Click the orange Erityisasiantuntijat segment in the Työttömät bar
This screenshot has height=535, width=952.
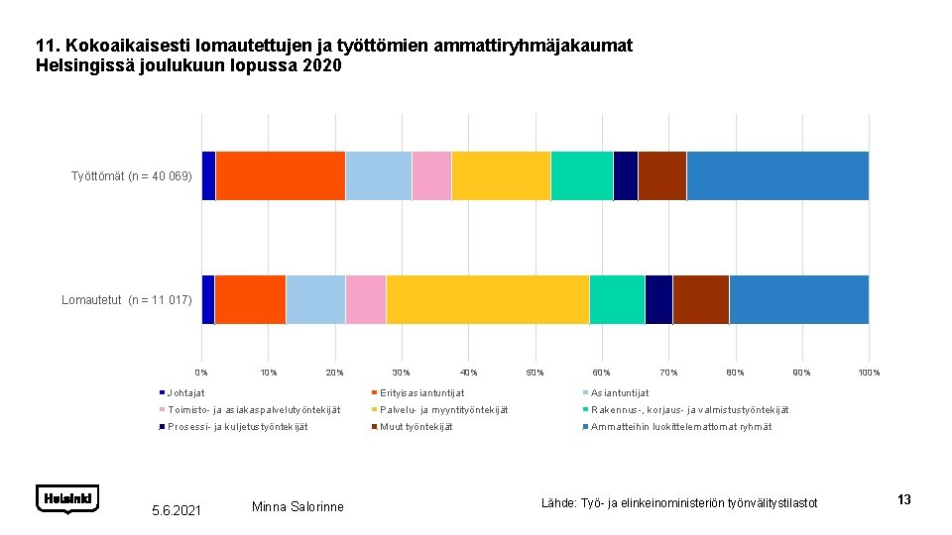point(280,175)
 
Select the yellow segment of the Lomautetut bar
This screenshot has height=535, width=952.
point(487,299)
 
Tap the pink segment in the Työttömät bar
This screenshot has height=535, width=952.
point(431,175)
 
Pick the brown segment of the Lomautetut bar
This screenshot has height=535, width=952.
point(700,299)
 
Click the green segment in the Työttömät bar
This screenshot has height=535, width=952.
point(581,175)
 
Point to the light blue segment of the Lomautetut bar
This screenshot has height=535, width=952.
point(315,299)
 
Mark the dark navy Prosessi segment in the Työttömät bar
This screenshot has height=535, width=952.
point(625,175)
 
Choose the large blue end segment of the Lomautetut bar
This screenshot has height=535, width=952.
point(798,299)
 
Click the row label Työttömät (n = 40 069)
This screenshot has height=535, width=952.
point(131,176)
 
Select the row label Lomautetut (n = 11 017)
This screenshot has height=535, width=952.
point(127,299)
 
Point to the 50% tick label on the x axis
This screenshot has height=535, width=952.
point(535,373)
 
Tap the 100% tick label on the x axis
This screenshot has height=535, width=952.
point(869,373)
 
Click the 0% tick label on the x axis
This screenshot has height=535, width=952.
point(201,373)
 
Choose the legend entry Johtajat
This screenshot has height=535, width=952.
point(186,393)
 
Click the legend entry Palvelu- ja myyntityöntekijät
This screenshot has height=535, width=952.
point(443,410)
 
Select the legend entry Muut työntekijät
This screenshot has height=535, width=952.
point(416,427)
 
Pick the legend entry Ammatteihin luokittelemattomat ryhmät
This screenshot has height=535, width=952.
point(680,427)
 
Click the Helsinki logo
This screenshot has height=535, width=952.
point(67,498)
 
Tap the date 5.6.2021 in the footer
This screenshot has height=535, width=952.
point(177,509)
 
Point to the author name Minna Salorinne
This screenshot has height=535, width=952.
point(297,507)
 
